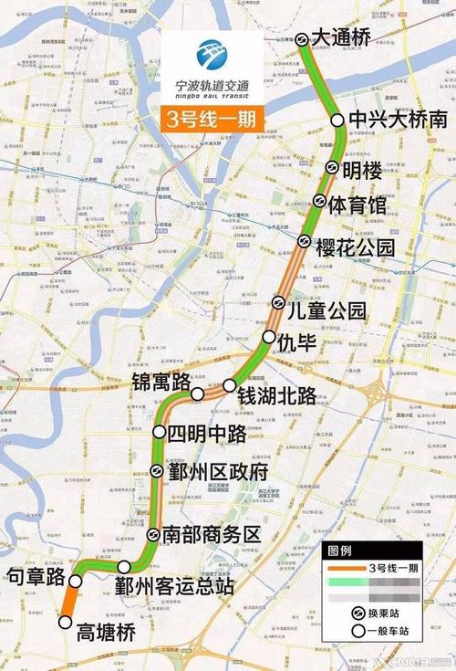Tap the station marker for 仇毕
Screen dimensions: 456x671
pyautogui.click(x=269, y=338)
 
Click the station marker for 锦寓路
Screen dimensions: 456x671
pyautogui.click(x=198, y=393)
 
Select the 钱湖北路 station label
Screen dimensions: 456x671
pyautogui.click(x=276, y=396)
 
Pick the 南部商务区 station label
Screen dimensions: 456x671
pyautogui.click(x=212, y=535)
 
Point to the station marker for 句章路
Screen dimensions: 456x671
pyautogui.click(x=79, y=577)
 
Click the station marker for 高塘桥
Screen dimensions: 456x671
pyautogui.click(x=65, y=623)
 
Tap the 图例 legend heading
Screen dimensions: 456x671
pyautogui.click(x=339, y=552)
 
